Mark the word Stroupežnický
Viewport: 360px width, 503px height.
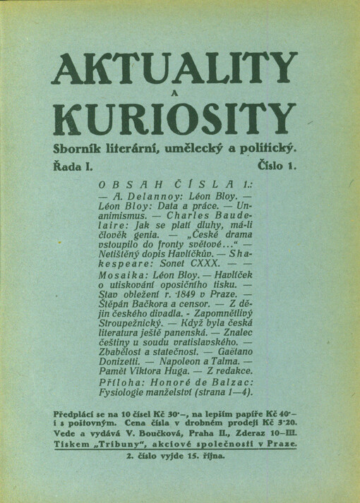[x=135, y=346]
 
